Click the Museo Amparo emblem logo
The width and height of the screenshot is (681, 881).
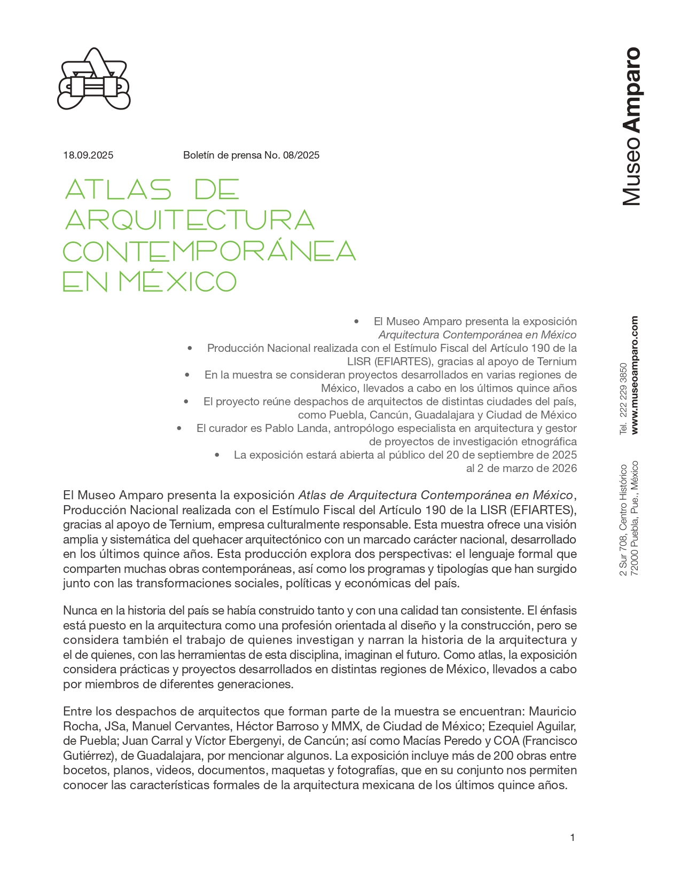(x=94, y=79)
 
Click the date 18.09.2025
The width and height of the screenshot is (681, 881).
(x=88, y=155)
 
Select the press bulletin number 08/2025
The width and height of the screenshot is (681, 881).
(x=301, y=155)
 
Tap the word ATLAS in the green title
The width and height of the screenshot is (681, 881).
(x=118, y=190)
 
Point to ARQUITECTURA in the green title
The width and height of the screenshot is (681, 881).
(x=190, y=220)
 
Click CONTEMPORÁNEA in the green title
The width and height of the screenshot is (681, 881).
(x=209, y=251)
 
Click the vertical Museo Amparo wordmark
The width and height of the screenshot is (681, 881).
(x=631, y=127)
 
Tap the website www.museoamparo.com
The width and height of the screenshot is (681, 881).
(x=635, y=375)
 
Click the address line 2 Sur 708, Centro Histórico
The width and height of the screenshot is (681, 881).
(x=623, y=520)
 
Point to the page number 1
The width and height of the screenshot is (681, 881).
(x=573, y=838)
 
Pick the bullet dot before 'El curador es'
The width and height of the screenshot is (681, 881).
(x=179, y=428)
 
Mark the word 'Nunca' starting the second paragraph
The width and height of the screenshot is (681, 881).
(x=79, y=610)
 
